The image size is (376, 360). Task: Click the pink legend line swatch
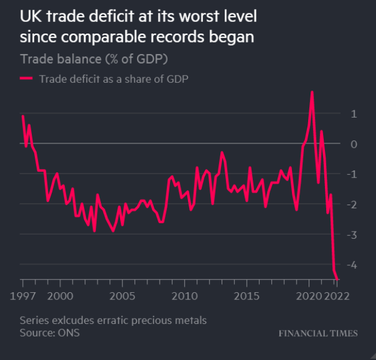(x=27, y=78)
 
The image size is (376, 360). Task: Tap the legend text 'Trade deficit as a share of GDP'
(x=114, y=78)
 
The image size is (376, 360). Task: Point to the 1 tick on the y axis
(x=354, y=113)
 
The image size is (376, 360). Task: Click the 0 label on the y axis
(x=354, y=144)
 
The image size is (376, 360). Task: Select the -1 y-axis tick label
(x=353, y=174)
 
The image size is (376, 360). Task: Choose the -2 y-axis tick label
(x=353, y=205)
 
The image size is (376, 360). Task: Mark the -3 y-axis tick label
(x=353, y=235)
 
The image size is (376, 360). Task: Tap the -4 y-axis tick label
(x=353, y=265)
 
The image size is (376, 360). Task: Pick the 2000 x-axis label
(x=60, y=296)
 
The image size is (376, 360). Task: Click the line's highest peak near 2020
(x=312, y=92)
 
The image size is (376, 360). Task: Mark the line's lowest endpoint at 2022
(x=338, y=278)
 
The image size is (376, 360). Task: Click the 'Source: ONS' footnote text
(x=49, y=332)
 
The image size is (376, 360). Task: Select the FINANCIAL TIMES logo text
(x=318, y=333)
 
